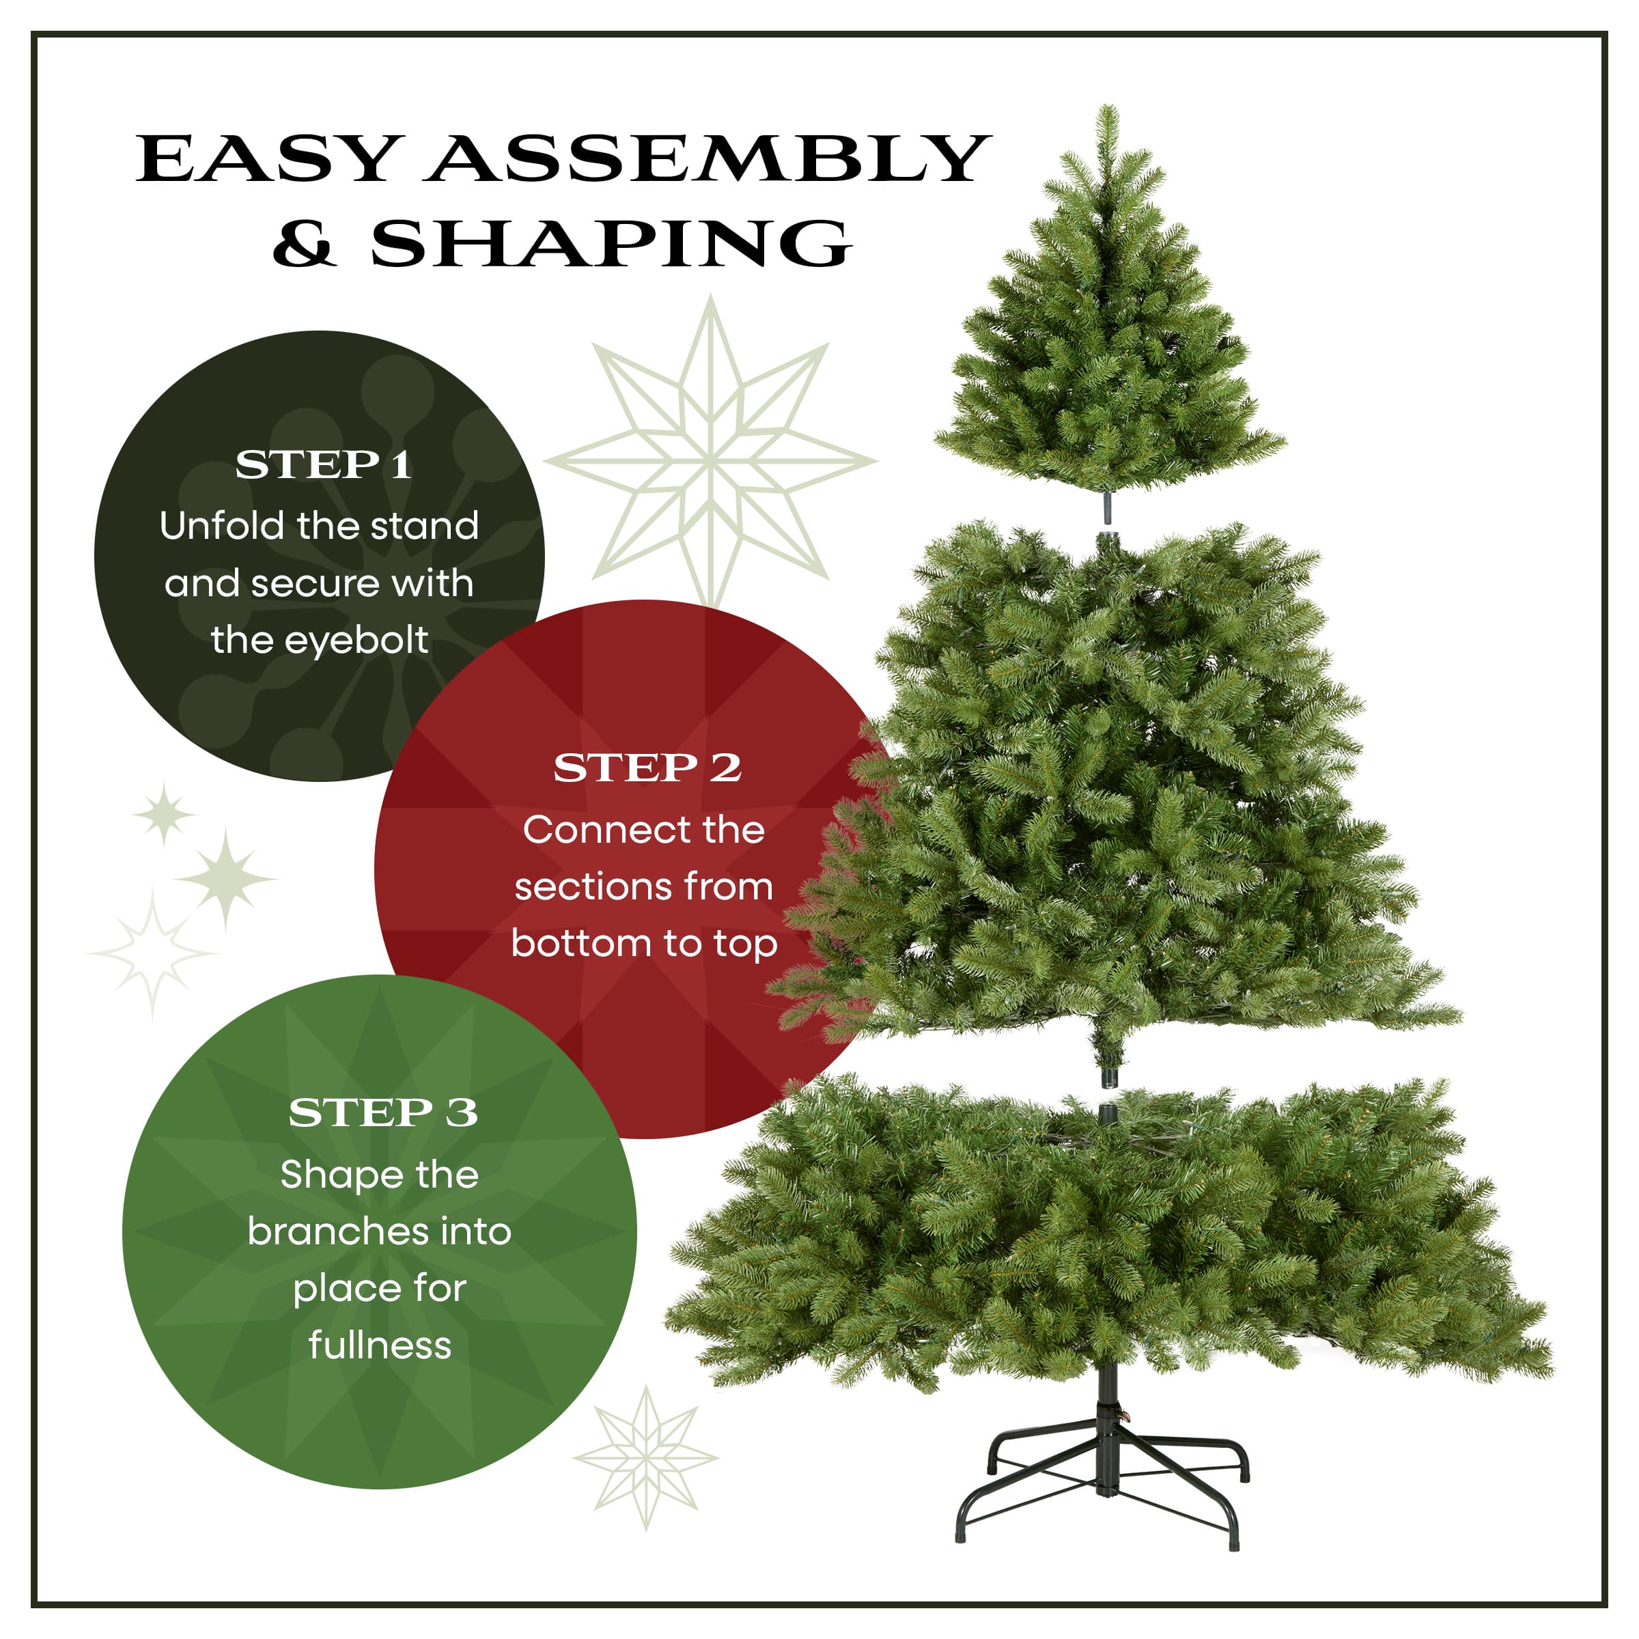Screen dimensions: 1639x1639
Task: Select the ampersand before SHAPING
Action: click(x=305, y=244)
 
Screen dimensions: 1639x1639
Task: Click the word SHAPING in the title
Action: click(x=611, y=244)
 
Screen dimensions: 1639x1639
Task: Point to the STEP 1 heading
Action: click(x=323, y=465)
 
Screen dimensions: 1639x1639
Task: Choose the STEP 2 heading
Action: click(x=647, y=768)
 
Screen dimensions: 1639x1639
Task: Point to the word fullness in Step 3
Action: click(x=380, y=1345)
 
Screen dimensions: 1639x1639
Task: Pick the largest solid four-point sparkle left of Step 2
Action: click(x=225, y=879)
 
